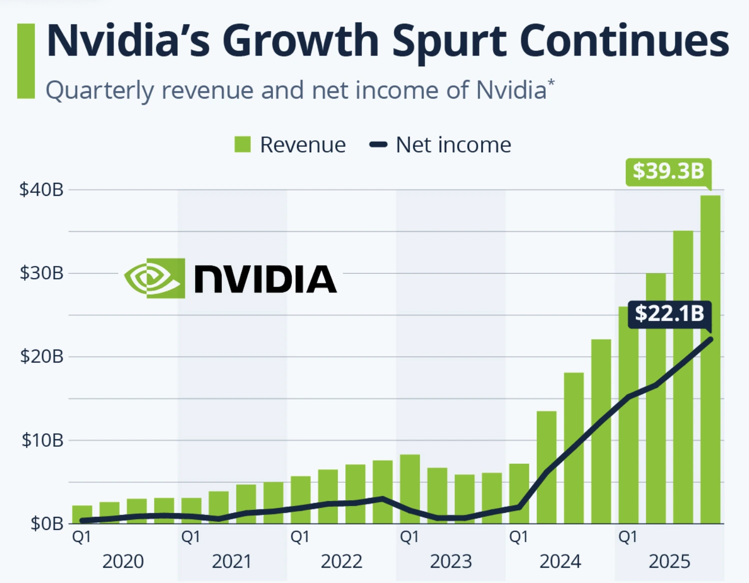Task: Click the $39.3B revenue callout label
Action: [668, 171]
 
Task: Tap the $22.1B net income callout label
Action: [669, 314]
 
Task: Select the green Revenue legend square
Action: [243, 145]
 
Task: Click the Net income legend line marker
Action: [378, 145]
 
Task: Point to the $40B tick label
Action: [41, 190]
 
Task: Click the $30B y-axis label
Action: [41, 273]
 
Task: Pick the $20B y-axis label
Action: [41, 357]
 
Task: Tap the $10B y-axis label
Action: [42, 440]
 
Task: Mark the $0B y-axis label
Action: [47, 524]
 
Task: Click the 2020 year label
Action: [123, 561]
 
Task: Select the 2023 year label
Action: [451, 561]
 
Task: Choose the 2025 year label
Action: [669, 561]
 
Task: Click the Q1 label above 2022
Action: [300, 537]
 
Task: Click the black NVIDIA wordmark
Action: [265, 279]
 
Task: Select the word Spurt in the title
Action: [449, 41]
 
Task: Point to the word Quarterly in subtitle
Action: [100, 91]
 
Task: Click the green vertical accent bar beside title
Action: [26, 61]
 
